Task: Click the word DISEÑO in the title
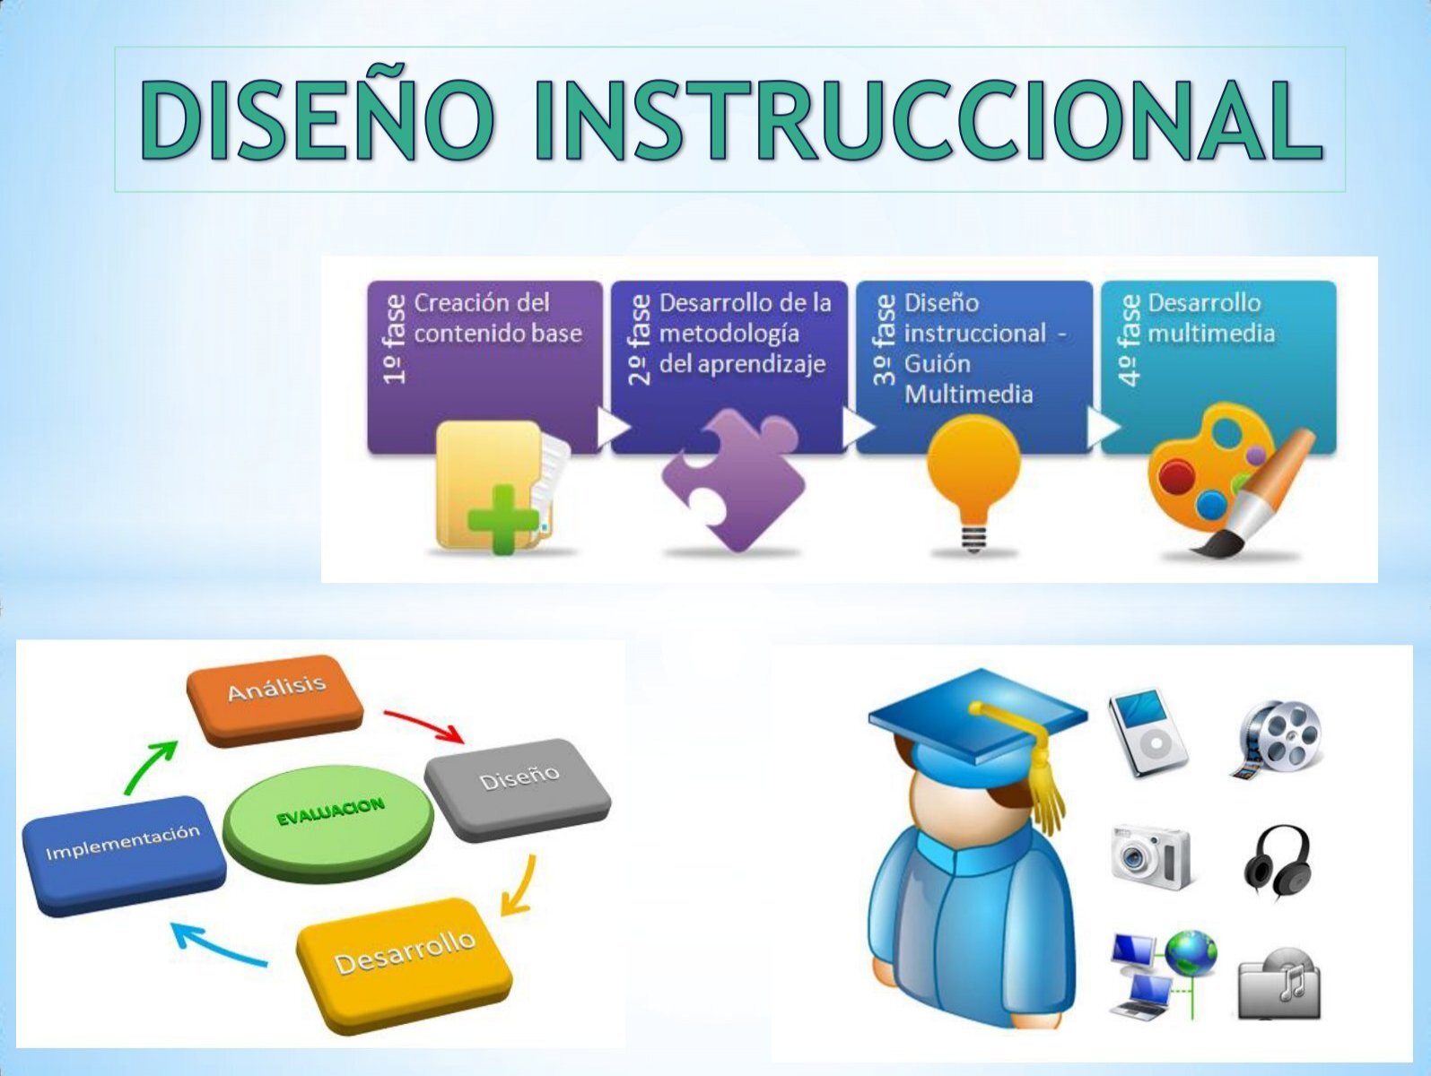(316, 119)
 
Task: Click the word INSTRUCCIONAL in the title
(929, 120)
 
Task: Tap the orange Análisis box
(275, 699)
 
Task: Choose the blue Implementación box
(124, 854)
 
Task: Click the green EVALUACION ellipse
(328, 818)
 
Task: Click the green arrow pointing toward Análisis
(149, 766)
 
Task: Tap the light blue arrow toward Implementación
(218, 946)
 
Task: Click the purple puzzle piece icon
(733, 481)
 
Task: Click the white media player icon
(1147, 732)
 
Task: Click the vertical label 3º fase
(884, 339)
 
